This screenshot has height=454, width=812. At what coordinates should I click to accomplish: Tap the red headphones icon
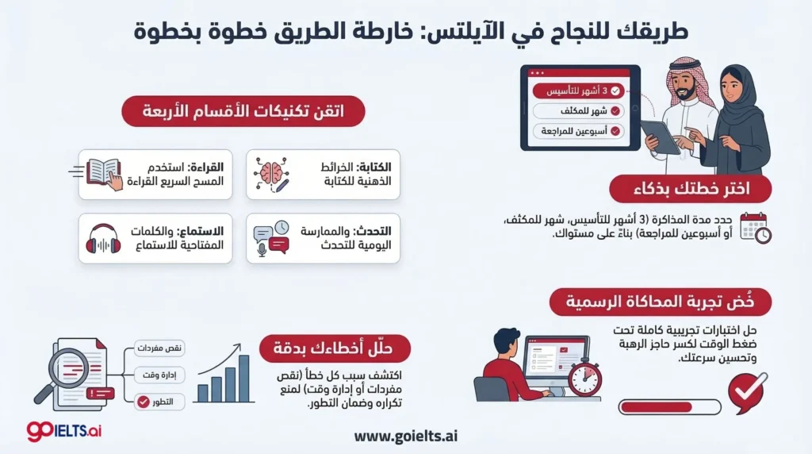pyautogui.click(x=104, y=238)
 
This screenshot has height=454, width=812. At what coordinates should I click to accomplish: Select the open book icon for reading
pyautogui.click(x=103, y=172)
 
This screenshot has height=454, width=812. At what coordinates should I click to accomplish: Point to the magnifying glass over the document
pyautogui.click(x=56, y=371)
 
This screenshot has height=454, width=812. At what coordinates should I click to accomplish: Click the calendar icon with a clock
pyautogui.click(x=754, y=227)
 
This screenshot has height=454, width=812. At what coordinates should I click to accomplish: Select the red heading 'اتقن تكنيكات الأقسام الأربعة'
pyautogui.click(x=243, y=112)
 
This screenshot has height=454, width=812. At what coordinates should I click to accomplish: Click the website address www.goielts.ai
pyautogui.click(x=406, y=435)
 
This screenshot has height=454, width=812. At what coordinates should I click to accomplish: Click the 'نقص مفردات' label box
pyautogui.click(x=160, y=348)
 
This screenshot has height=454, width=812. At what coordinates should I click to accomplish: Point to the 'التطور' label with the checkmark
pyautogui.click(x=160, y=402)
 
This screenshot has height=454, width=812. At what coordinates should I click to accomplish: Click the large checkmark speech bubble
pyautogui.click(x=747, y=391)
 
